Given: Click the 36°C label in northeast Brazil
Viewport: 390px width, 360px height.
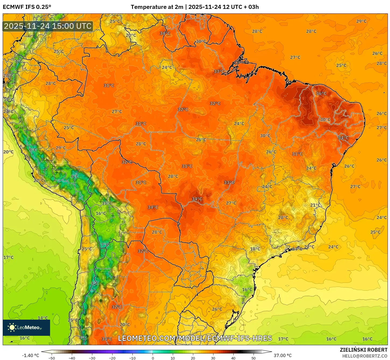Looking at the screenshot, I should (x=321, y=94).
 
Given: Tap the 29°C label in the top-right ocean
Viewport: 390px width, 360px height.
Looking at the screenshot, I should (x=361, y=21).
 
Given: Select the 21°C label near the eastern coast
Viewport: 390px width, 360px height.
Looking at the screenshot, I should (x=315, y=205).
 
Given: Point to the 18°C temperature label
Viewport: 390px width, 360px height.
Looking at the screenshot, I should (x=255, y=249).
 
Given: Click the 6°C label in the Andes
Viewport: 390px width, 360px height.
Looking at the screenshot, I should (x=75, y=177).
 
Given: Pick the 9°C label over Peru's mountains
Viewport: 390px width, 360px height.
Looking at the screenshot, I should (x=33, y=150).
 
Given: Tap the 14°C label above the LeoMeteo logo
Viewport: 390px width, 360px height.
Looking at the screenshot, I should (x=43, y=318).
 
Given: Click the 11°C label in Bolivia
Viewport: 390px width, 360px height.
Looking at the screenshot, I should (x=107, y=203).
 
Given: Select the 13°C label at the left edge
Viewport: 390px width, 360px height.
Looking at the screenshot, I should (x=8, y=99).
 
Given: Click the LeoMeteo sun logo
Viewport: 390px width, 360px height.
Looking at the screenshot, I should (x=12, y=327).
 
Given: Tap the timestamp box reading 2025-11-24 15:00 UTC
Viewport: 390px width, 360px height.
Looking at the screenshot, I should (x=48, y=26).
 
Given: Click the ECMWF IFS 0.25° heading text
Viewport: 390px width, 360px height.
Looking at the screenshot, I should (x=27, y=7).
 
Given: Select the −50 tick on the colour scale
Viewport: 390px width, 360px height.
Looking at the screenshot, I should (x=52, y=358).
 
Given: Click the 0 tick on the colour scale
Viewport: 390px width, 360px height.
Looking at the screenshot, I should (x=153, y=358).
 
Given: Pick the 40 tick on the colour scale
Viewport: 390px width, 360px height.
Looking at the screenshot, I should (x=233, y=358).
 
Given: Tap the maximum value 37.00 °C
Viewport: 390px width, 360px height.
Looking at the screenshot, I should (x=283, y=355).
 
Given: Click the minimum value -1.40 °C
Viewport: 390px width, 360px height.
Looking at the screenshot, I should (x=30, y=355).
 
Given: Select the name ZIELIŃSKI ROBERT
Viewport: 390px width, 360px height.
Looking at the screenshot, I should (x=363, y=350).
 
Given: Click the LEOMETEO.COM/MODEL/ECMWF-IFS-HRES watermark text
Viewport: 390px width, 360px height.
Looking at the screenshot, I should (x=195, y=338).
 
